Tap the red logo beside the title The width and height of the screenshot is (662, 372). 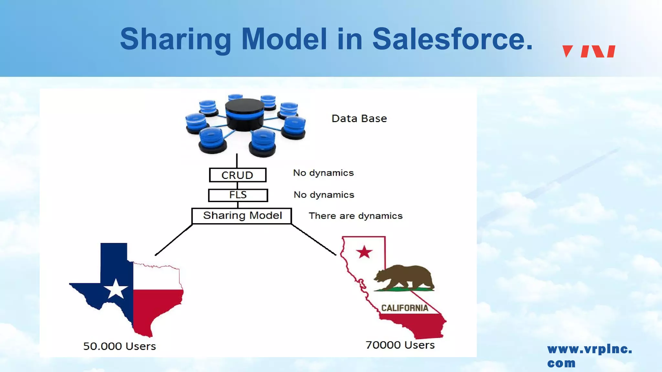(589, 51)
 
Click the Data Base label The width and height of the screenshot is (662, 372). (359, 119)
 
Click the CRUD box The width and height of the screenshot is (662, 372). (238, 175)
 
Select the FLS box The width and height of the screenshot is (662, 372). (238, 195)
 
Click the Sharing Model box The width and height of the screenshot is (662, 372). (242, 216)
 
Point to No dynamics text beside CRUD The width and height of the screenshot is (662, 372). (323, 173)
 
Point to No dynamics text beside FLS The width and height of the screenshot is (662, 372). (324, 195)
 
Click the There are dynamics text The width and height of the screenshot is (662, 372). (356, 216)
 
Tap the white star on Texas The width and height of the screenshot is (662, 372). (115, 289)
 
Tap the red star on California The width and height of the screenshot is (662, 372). (364, 252)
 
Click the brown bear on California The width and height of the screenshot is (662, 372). (404, 277)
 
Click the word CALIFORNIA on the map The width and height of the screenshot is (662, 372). (405, 308)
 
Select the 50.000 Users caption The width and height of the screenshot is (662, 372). (120, 346)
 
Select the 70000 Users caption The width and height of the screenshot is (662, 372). (400, 345)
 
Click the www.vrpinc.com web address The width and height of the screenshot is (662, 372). (589, 356)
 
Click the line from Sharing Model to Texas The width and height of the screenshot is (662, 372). (174, 240)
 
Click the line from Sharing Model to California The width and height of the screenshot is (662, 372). (314, 239)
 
